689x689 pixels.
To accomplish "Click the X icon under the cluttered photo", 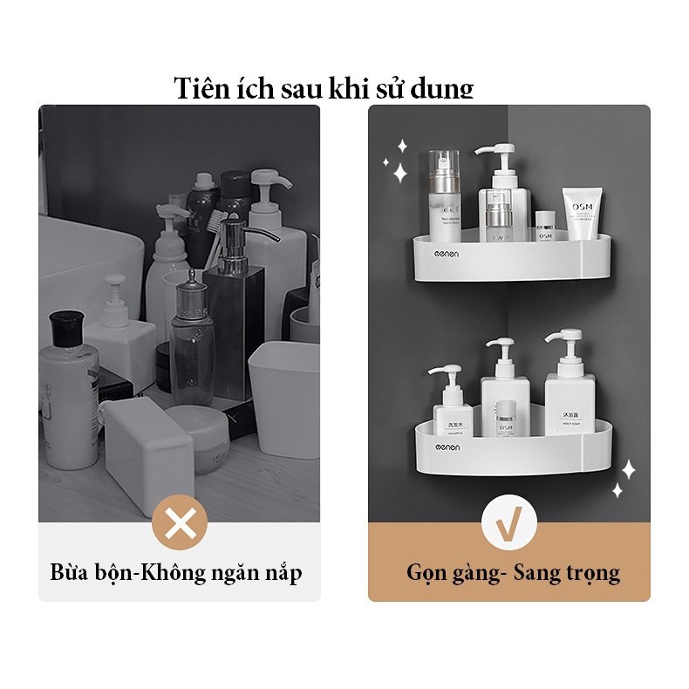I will [180, 523].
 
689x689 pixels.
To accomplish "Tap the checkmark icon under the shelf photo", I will [508, 523].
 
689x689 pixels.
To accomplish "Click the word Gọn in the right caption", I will [427, 573].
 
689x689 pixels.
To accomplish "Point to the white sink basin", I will [87, 262].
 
